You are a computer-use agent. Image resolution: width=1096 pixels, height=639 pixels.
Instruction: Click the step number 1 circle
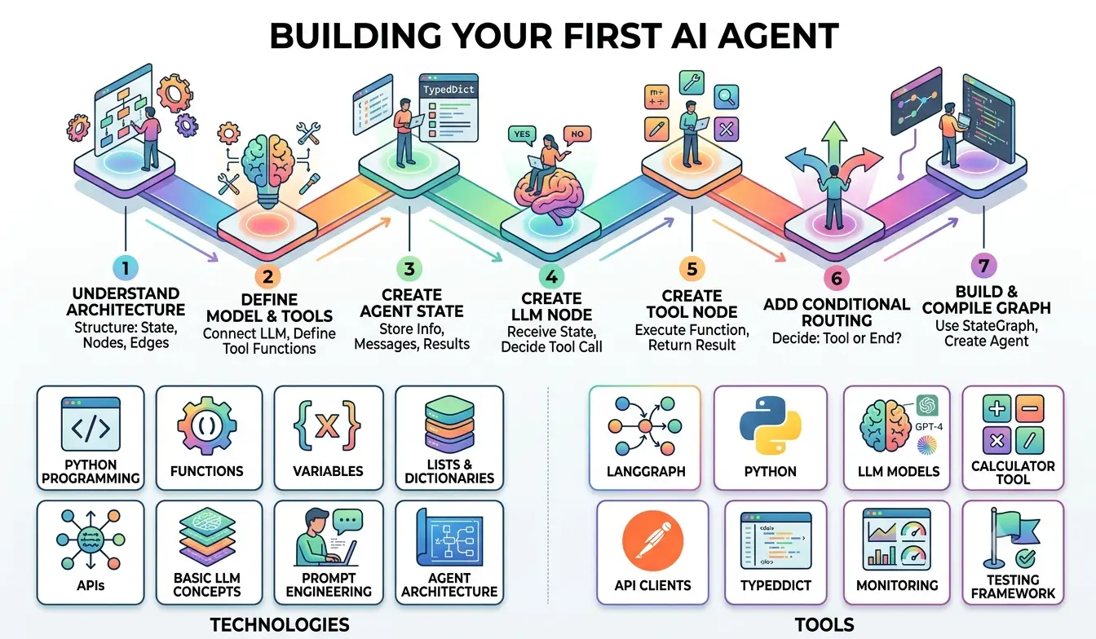(126, 268)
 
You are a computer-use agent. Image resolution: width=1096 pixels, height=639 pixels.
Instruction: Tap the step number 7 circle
(983, 266)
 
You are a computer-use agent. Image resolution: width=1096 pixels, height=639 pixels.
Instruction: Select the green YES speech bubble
(522, 134)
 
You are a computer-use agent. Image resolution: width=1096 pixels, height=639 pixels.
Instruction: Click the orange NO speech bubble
(577, 134)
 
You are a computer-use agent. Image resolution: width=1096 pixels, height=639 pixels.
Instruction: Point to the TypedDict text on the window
(449, 90)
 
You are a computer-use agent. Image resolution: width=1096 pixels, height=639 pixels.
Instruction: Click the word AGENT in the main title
(778, 36)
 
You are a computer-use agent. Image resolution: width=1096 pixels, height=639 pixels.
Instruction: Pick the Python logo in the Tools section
(770, 425)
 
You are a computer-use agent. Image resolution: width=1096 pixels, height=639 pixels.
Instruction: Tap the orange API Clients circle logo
(652, 540)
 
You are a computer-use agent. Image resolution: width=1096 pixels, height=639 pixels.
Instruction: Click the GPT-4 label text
(929, 427)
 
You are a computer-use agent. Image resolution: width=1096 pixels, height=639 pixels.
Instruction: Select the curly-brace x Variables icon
(327, 425)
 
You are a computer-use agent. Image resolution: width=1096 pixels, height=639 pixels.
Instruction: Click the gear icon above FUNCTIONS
(206, 425)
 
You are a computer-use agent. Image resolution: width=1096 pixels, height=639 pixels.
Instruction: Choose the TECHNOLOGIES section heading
(280, 625)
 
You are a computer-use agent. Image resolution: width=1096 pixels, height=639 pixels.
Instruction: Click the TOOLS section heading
(824, 625)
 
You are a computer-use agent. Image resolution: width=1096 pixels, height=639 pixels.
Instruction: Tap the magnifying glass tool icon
(726, 97)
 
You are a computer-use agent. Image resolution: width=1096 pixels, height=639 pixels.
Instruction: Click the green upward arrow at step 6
(834, 144)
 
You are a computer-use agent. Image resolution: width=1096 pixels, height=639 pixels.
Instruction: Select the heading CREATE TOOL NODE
(692, 304)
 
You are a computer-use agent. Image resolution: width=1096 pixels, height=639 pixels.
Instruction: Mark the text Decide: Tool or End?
(837, 338)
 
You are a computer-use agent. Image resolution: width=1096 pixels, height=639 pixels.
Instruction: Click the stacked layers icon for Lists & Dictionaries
(449, 425)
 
